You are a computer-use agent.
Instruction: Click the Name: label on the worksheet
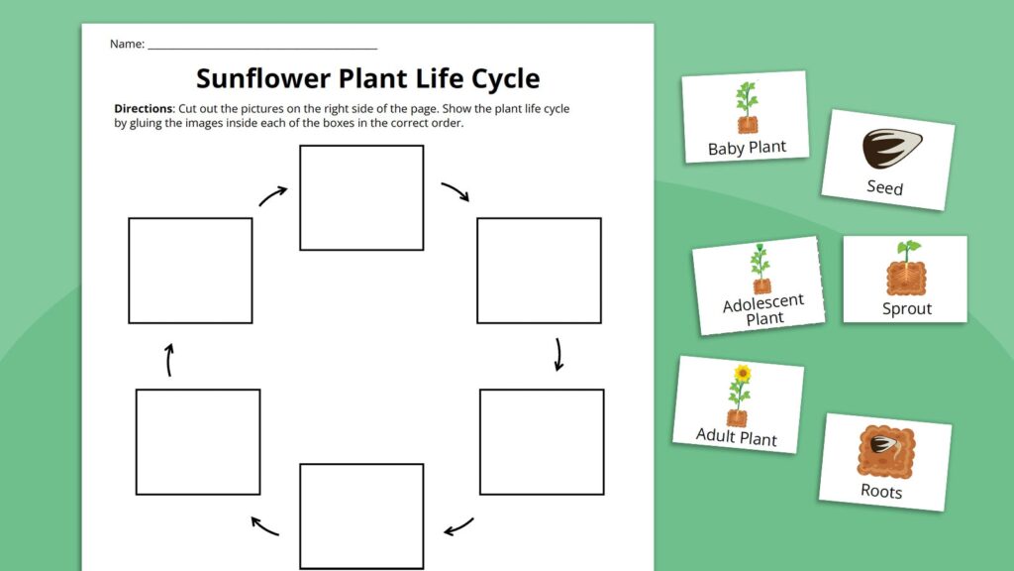(x=127, y=44)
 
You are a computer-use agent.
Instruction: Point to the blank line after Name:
(x=262, y=46)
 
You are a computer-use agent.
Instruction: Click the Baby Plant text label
(x=747, y=148)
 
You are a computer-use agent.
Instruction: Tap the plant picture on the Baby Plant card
(x=746, y=107)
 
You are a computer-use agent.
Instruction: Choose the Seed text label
(x=884, y=186)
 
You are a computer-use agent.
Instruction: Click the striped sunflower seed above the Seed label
(x=890, y=150)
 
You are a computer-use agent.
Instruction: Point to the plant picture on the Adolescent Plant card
(x=760, y=269)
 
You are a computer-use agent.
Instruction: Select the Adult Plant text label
(x=736, y=435)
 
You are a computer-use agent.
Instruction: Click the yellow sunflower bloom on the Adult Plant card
(x=742, y=374)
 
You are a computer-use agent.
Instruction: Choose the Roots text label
(x=880, y=491)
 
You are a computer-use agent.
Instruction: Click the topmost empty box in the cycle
(x=361, y=197)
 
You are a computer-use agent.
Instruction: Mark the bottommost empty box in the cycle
(x=361, y=515)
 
